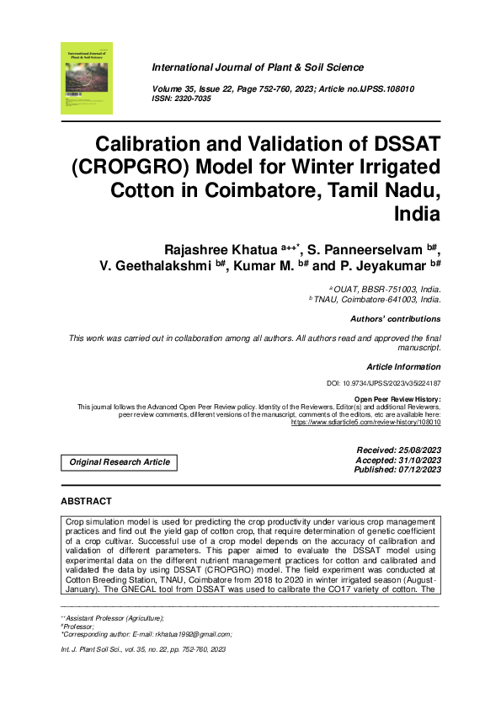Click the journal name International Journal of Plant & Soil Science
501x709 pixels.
tap(258, 67)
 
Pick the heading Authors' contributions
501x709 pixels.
tap(395, 319)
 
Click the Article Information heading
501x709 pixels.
tap(403, 367)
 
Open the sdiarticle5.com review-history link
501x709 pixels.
tap(365, 422)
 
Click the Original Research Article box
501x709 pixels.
tap(120, 461)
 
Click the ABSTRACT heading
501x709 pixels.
tap(86, 502)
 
